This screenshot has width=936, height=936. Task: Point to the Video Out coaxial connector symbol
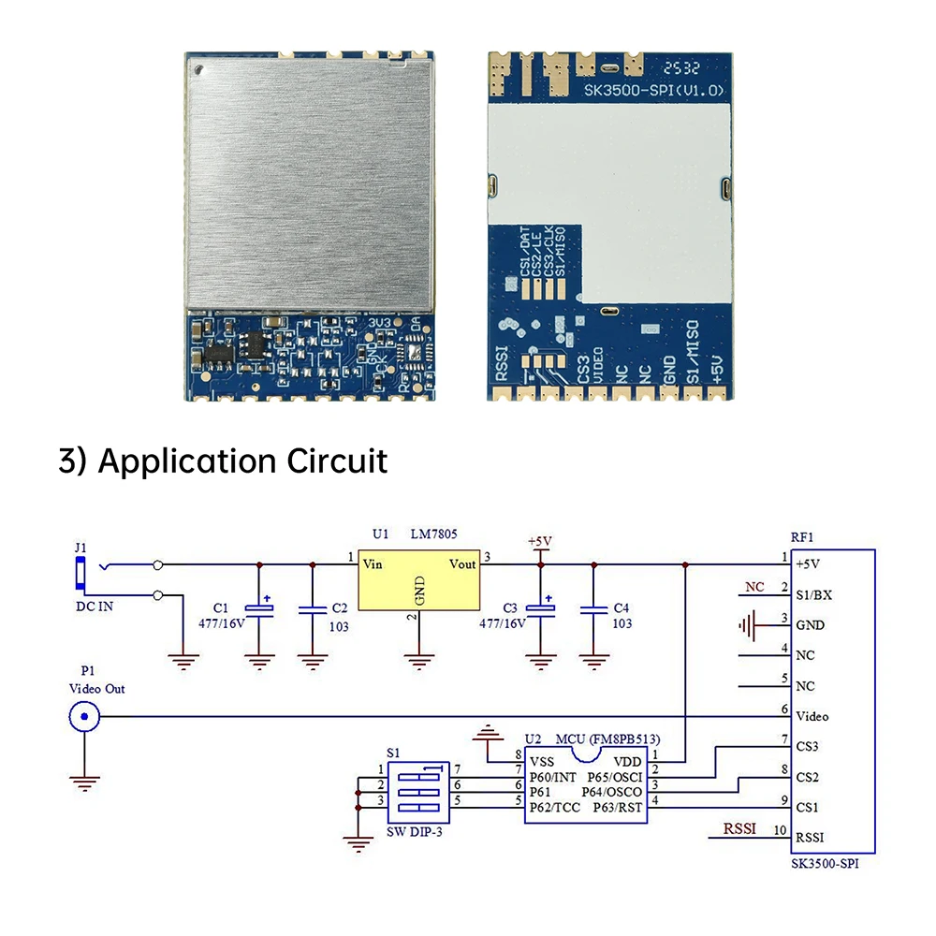pyautogui.click(x=84, y=717)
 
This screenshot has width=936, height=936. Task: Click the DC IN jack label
pyautogui.click(x=94, y=607)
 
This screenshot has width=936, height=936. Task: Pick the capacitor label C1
pyautogui.click(x=221, y=607)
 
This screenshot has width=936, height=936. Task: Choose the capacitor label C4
pyautogui.click(x=622, y=607)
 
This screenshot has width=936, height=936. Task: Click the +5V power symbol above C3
pyautogui.click(x=540, y=542)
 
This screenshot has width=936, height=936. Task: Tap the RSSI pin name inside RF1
pyautogui.click(x=811, y=838)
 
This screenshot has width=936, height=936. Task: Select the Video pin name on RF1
pyautogui.click(x=812, y=716)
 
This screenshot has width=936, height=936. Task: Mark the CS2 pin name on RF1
pyautogui.click(x=807, y=777)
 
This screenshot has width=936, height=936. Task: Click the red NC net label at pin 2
pyautogui.click(x=754, y=588)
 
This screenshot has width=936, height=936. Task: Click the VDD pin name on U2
pyautogui.click(x=627, y=761)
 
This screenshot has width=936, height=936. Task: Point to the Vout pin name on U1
pyautogui.click(x=462, y=563)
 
